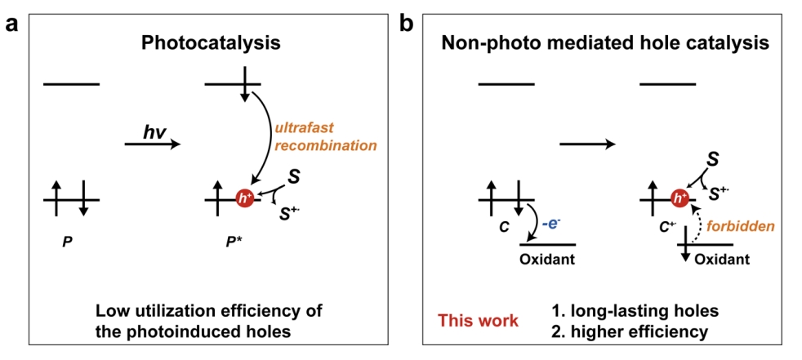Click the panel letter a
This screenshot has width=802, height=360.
pyautogui.click(x=11, y=23)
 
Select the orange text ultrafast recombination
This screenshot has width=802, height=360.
pyautogui.click(x=337, y=137)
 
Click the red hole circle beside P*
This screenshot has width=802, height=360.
pyautogui.click(x=243, y=199)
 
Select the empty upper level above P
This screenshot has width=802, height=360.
pyautogui.click(x=72, y=83)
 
